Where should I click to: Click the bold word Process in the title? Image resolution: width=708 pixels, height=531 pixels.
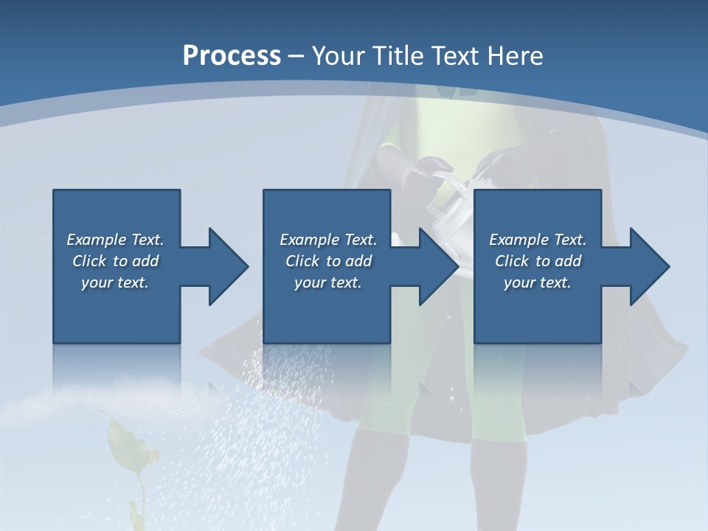pos(232,55)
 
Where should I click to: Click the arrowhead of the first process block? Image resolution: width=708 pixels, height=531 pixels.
pos(229,266)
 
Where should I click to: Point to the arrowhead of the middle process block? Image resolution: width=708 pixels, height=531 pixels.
pos(439,266)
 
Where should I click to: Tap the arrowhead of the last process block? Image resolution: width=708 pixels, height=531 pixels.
pos(649,266)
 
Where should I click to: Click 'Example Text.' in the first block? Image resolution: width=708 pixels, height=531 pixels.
pos(115,240)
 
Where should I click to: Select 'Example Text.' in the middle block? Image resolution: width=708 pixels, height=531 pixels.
pos(328,240)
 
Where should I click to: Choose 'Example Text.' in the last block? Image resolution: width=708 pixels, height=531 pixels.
pos(538,240)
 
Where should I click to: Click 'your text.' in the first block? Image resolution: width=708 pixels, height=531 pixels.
pos(115,282)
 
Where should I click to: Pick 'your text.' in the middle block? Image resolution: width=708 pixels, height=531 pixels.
pos(328,282)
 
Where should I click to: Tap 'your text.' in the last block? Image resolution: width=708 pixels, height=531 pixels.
pos(538,282)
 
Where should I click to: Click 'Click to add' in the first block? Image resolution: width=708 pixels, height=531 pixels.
pos(115,261)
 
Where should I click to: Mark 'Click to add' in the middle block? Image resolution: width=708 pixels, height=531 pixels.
pos(328,261)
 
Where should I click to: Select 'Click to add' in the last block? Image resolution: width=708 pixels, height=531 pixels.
pos(538,261)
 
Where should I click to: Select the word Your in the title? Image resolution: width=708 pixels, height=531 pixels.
pos(338,55)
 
